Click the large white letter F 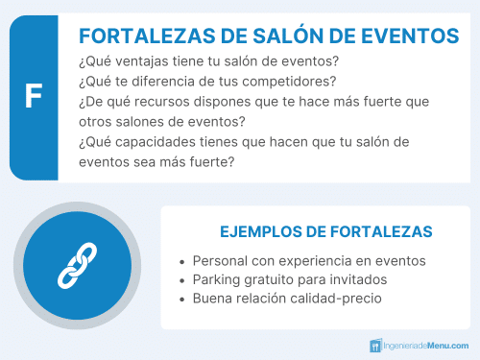34,97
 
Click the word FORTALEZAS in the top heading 142,36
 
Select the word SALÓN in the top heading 287,36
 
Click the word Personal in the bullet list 221,261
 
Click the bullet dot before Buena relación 182,300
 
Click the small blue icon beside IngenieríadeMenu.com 375,345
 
